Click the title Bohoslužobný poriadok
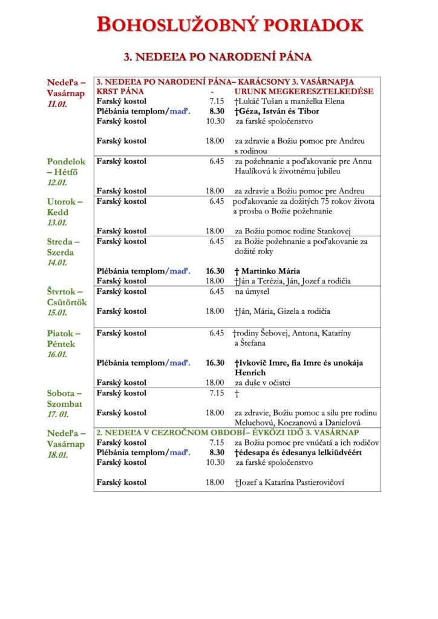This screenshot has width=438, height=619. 230,25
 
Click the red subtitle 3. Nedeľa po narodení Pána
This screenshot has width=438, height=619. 218,57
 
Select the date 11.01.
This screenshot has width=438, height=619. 57,105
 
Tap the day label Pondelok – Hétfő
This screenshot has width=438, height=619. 67,167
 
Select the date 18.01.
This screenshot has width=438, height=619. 57,455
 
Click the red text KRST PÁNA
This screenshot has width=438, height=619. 120,91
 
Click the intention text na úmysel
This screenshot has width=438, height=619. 252,291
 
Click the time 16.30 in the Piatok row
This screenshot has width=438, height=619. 215,363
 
